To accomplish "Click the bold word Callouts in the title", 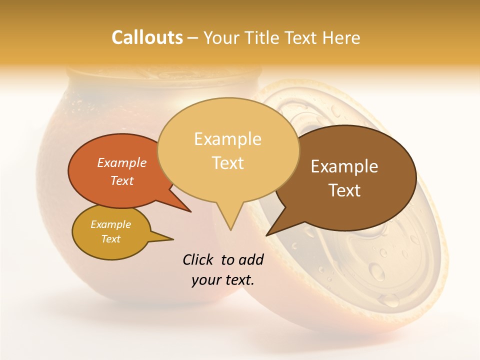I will tap(147, 37).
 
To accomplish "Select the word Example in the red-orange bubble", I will tap(122, 162).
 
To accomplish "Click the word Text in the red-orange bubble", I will tap(122, 180).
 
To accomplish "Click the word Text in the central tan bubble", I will tap(228, 162).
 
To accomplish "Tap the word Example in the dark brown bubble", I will tap(344, 166).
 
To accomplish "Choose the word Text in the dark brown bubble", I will tap(345, 190).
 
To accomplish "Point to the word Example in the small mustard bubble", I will tap(110, 224).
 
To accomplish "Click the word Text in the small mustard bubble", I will tap(110, 239).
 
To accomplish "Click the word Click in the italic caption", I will tap(198, 259).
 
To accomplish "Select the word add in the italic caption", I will tap(251, 259).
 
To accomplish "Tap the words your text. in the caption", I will tap(223, 280).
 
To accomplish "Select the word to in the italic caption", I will tap(227, 259).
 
